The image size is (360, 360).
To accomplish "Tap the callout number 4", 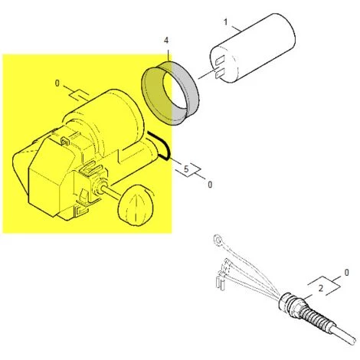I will [166, 40].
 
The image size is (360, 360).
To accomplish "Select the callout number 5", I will [185, 166].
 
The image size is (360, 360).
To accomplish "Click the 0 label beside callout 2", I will [346, 273].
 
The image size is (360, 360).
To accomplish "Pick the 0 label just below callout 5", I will [209, 185].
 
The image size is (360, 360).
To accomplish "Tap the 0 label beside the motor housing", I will [58, 83].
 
